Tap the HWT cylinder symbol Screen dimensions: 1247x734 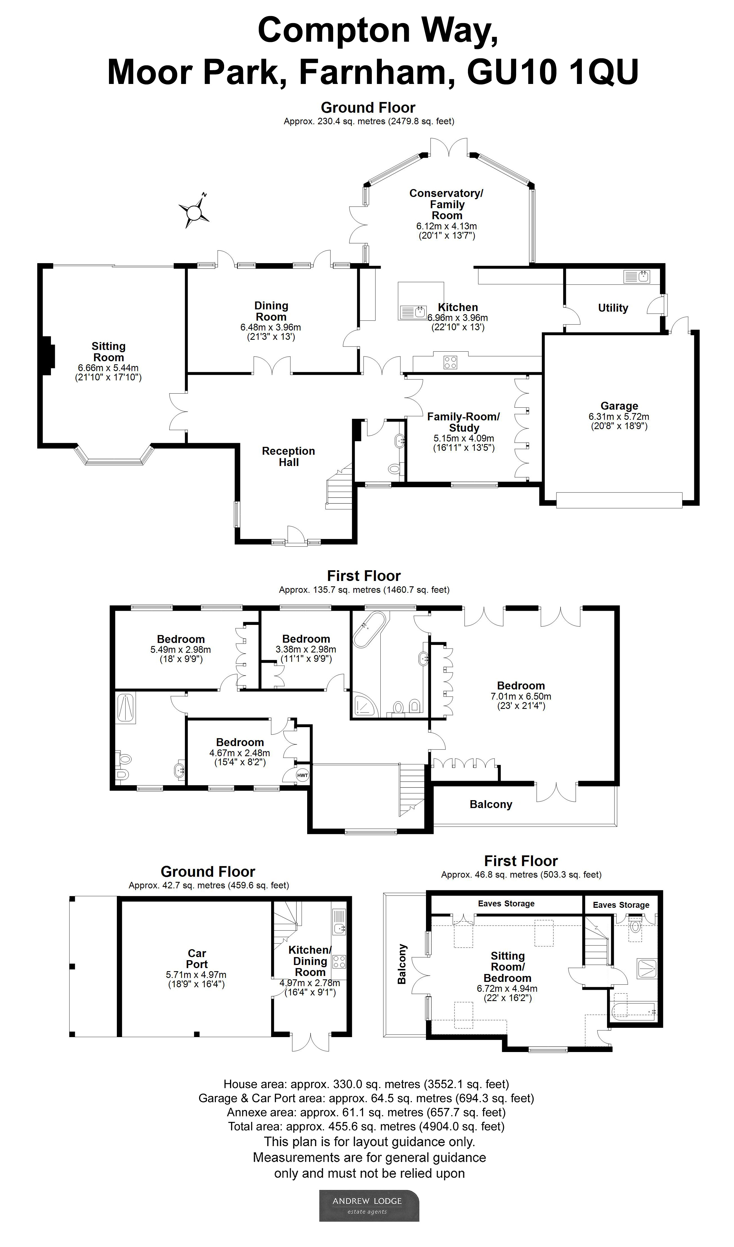(x=302, y=775)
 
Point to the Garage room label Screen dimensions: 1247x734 (x=619, y=406)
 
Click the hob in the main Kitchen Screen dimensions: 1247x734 (x=450, y=363)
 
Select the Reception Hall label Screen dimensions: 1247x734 (x=288, y=456)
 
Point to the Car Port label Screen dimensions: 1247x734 (x=197, y=958)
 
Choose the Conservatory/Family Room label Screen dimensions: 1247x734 (x=447, y=204)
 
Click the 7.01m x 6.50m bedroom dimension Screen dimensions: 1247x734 (x=521, y=696)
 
